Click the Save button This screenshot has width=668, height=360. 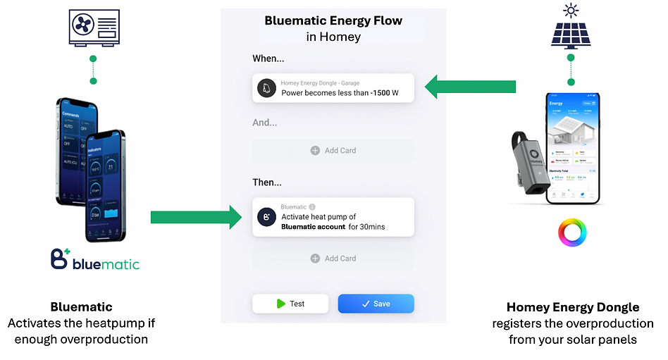tap(376, 304)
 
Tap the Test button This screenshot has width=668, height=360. tap(290, 304)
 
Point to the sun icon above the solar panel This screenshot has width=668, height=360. tap(571, 9)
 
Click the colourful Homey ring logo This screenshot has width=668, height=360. tap(572, 232)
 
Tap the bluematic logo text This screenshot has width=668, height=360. tap(106, 264)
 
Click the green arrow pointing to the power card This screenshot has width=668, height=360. tap(471, 87)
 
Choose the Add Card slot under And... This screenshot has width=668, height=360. tap(333, 151)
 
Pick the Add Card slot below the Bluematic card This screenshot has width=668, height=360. tap(333, 259)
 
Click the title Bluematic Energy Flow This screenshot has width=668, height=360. tap(333, 20)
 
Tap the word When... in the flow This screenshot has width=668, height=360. tap(268, 59)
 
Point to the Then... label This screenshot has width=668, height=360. tap(267, 182)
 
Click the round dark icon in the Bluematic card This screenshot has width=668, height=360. tap(266, 217)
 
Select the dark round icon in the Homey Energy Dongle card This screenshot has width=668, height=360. tap(266, 88)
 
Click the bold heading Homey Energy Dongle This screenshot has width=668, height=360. tap(573, 307)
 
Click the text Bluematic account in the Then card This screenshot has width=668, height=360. tap(313, 227)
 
